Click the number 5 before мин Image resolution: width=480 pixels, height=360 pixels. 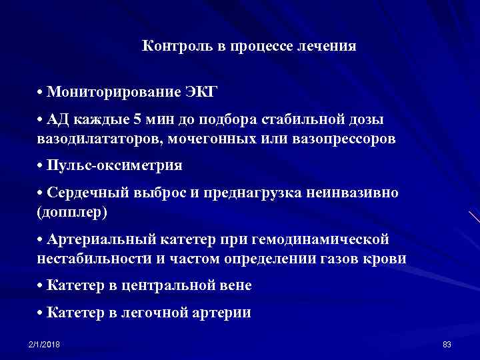(137, 120)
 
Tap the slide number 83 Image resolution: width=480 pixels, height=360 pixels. (447, 344)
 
